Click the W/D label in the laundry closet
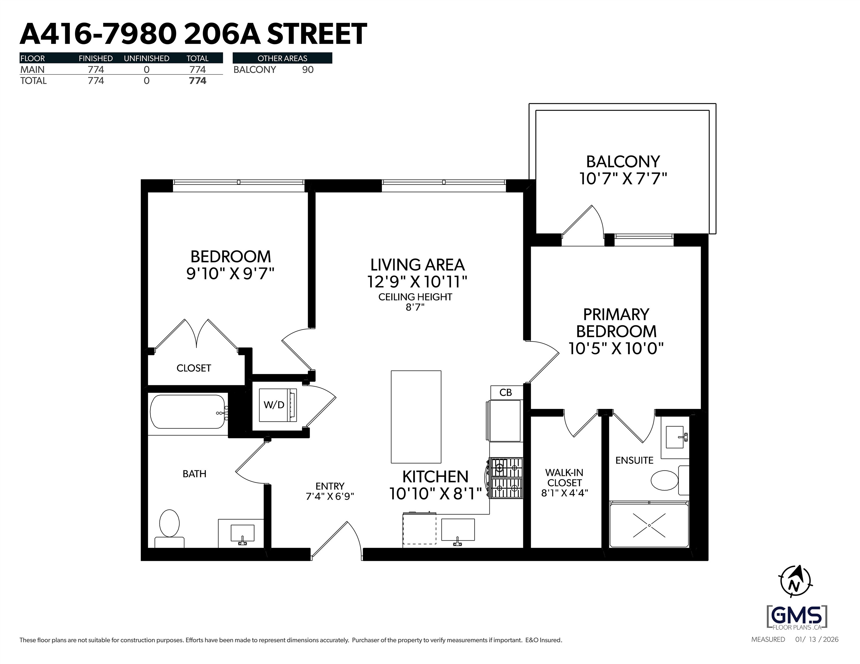[x=274, y=405]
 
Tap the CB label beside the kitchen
[x=506, y=393]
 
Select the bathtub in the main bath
[x=188, y=412]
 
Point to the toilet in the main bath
[x=169, y=528]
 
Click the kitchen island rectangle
[x=416, y=417]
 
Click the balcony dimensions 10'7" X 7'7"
[x=623, y=179]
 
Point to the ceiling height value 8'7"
[x=415, y=308]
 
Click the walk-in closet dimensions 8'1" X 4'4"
[x=565, y=493]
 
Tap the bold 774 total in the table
[x=198, y=81]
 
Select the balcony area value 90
[x=308, y=70]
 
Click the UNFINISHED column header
[x=147, y=58]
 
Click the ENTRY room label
[x=330, y=486]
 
